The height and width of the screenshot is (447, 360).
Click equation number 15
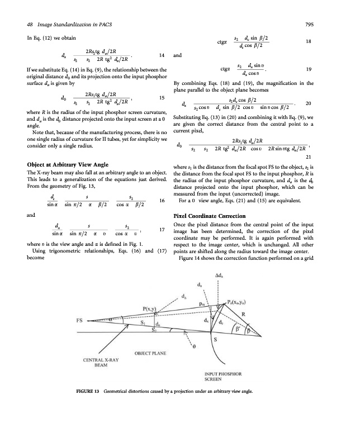pos(161,98)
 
